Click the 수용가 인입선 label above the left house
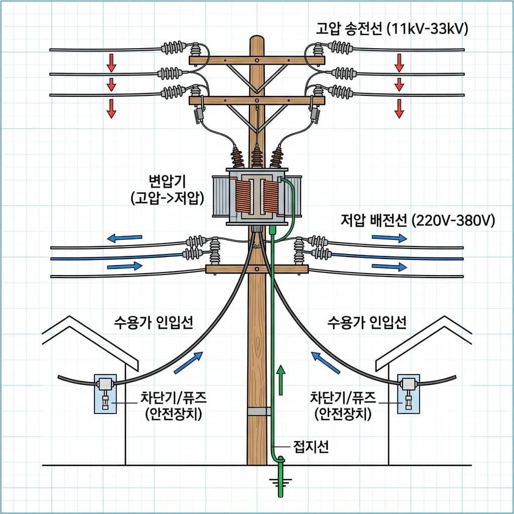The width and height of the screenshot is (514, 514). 155,322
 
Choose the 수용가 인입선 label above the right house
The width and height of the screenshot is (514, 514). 366,322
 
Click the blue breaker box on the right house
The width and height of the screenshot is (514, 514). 408,393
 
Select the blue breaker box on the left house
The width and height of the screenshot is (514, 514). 105,393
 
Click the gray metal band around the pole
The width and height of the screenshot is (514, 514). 259,412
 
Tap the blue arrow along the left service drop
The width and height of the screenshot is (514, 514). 188,362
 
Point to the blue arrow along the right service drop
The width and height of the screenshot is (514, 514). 325,362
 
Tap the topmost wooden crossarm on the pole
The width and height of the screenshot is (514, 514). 256,60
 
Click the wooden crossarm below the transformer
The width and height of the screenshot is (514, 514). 256,269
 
